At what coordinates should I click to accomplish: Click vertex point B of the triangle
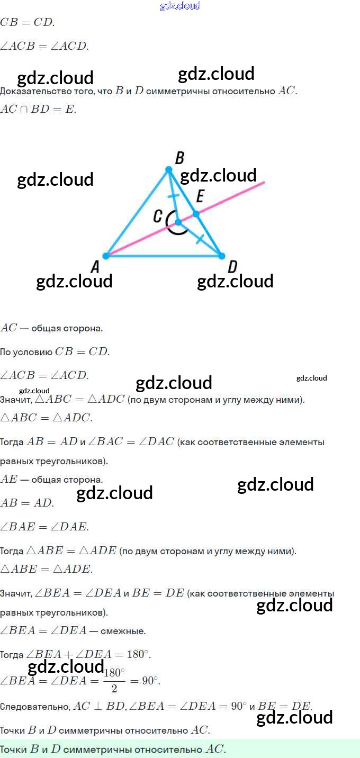pos(169,169)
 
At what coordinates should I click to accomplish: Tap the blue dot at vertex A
pos(106,256)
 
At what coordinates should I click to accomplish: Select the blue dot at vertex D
pos(221,256)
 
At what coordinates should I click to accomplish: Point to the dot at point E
pos(196,214)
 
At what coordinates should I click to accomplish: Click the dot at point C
pos(178,222)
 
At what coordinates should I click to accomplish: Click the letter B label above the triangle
pos(179,158)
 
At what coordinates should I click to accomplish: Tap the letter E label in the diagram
pos(200,196)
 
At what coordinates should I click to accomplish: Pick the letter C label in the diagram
pos(158,216)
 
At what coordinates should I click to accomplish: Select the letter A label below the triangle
pos(95,268)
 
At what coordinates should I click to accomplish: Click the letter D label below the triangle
pos(232,267)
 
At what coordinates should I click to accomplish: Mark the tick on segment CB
pos(173,196)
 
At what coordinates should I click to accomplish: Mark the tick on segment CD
pos(200,239)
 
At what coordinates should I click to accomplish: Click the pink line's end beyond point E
pos(263,183)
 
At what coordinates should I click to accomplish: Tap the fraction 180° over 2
pos(114,680)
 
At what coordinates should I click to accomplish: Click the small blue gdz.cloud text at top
pos(180,6)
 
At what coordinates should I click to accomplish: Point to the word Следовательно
pos(34,707)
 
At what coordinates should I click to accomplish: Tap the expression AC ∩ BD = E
pos(38,110)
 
